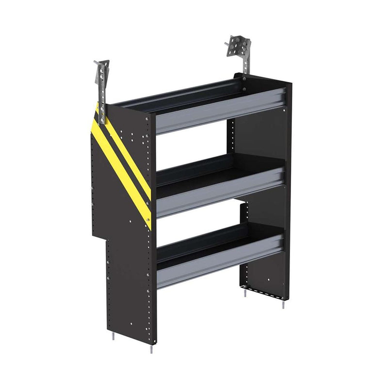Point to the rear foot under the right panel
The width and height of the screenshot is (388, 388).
point(246,294)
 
